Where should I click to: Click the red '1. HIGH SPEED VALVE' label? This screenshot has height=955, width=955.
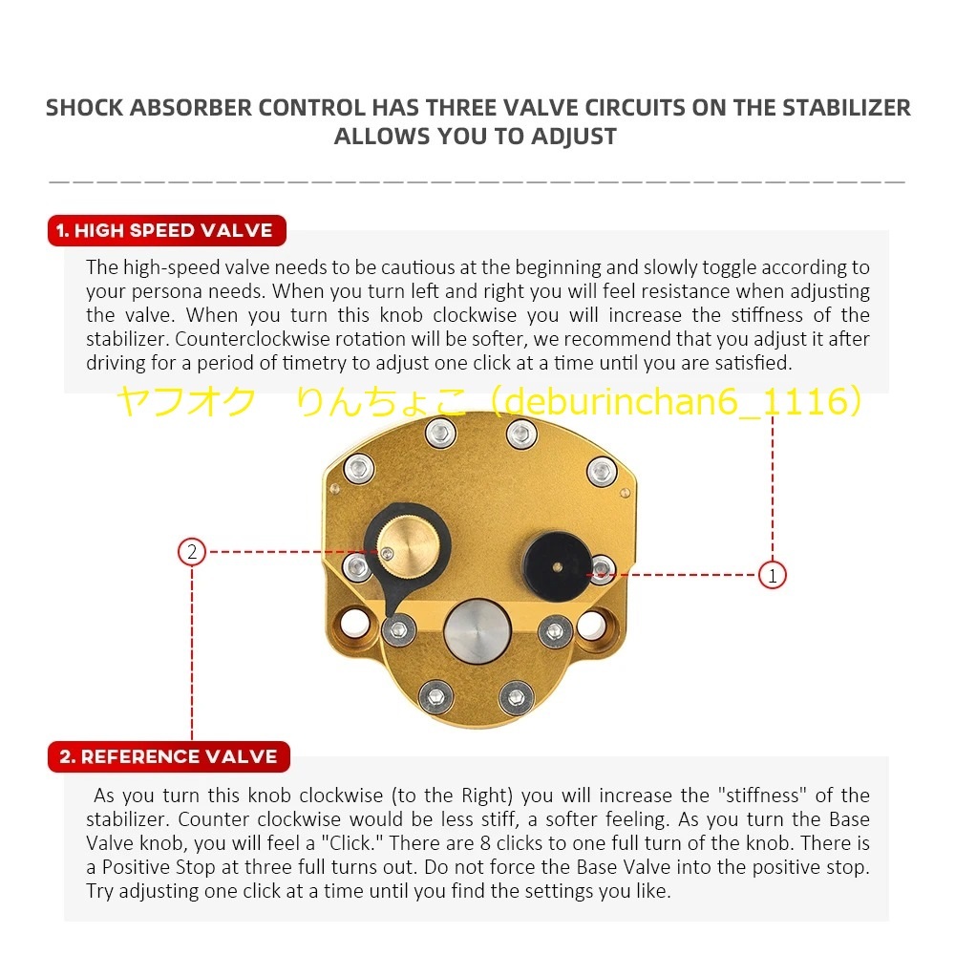pyautogui.click(x=164, y=230)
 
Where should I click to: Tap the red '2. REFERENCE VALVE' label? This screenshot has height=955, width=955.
pyautogui.click(x=168, y=756)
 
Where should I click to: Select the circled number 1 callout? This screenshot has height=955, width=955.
pyautogui.click(x=772, y=575)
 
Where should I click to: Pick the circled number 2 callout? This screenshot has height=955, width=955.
pyautogui.click(x=192, y=551)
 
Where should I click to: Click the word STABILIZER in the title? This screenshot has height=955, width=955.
pyautogui.click(x=846, y=107)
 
